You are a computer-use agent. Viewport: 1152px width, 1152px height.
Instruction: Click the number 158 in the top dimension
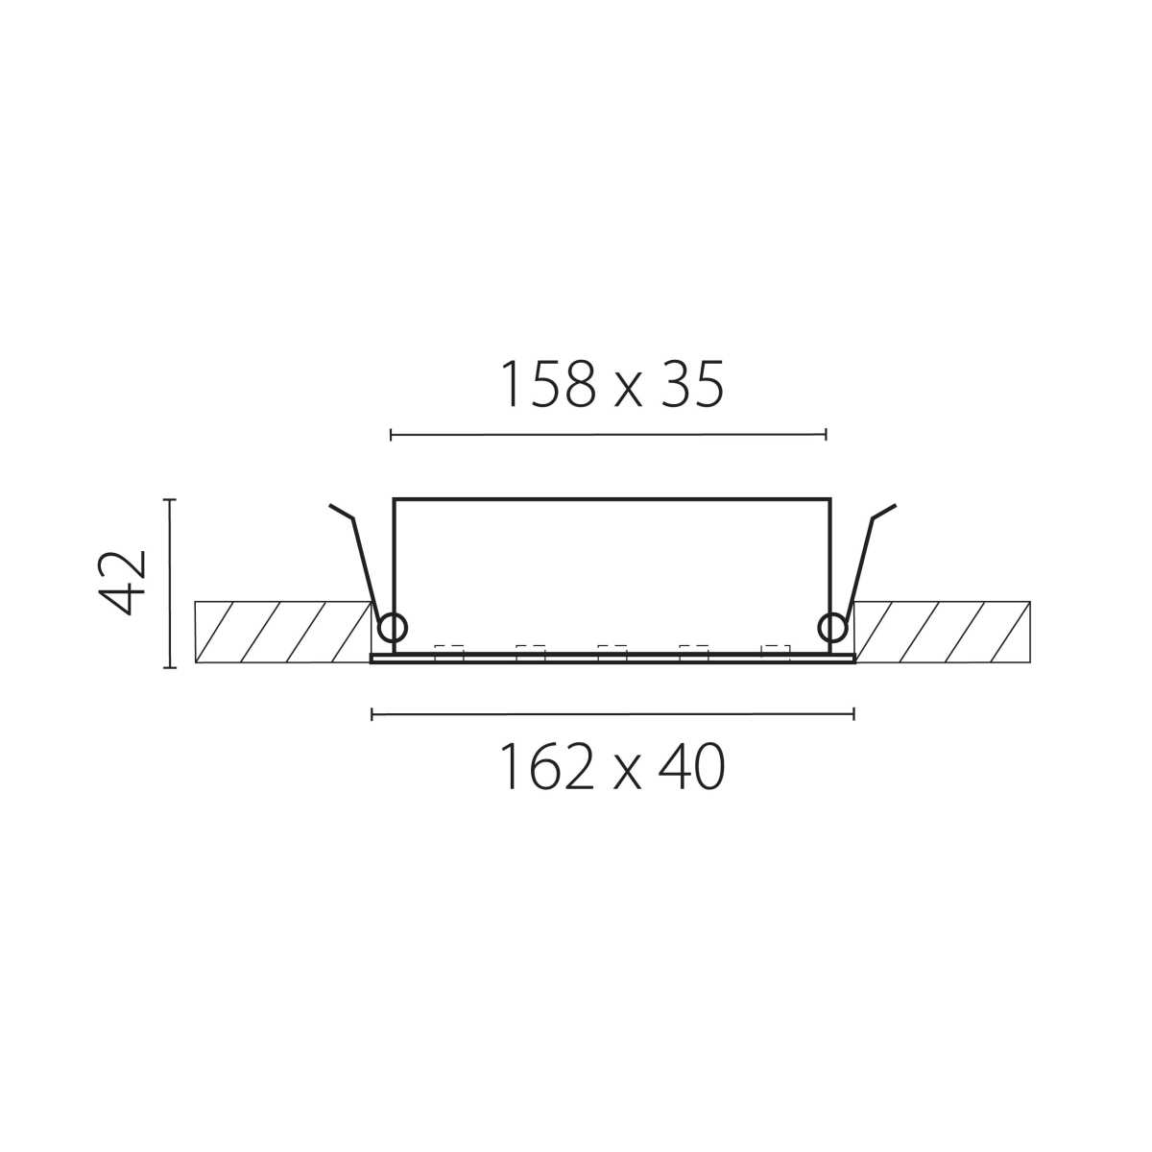click(x=549, y=384)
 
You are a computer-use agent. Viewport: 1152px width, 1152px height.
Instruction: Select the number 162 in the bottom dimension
click(x=549, y=766)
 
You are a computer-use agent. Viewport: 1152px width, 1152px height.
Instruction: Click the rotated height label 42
click(x=121, y=583)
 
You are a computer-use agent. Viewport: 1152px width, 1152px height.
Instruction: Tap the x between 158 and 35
click(x=628, y=392)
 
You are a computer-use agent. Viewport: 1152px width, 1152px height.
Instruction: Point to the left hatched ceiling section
click(x=282, y=633)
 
